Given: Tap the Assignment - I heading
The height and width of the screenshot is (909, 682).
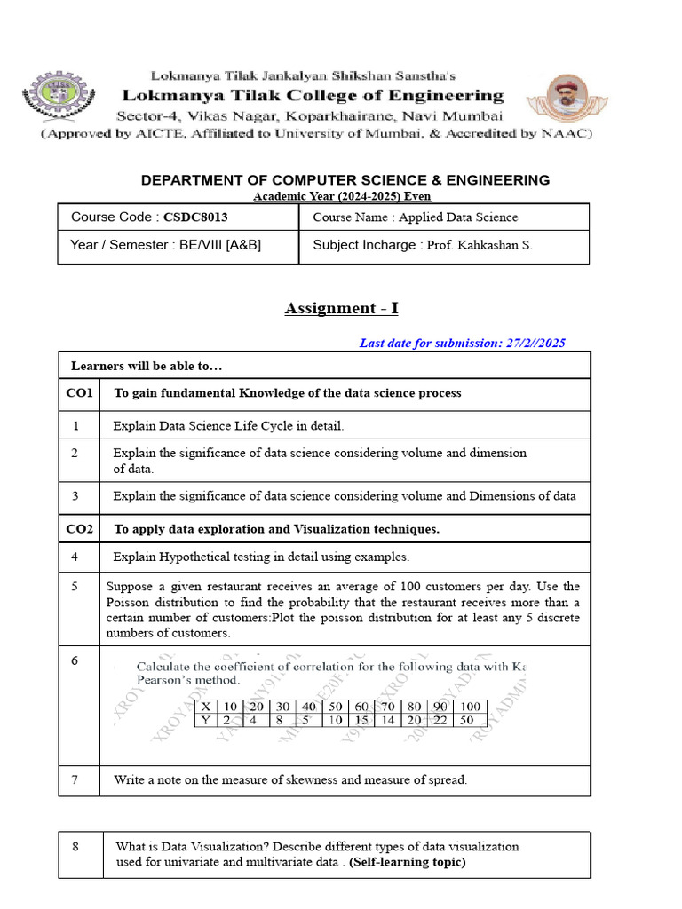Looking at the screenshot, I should coord(342,308).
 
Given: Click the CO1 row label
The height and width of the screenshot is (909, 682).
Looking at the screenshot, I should coord(79,392).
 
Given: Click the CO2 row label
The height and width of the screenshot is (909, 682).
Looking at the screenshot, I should coord(79,529).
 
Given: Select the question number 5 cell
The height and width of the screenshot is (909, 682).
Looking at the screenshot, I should coord(76,586).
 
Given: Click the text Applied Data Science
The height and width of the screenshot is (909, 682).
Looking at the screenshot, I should coord(458,217).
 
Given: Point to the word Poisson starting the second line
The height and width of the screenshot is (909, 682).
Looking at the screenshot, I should coord(131,602).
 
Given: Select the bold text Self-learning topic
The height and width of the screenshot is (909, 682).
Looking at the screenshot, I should coord(407,862).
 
